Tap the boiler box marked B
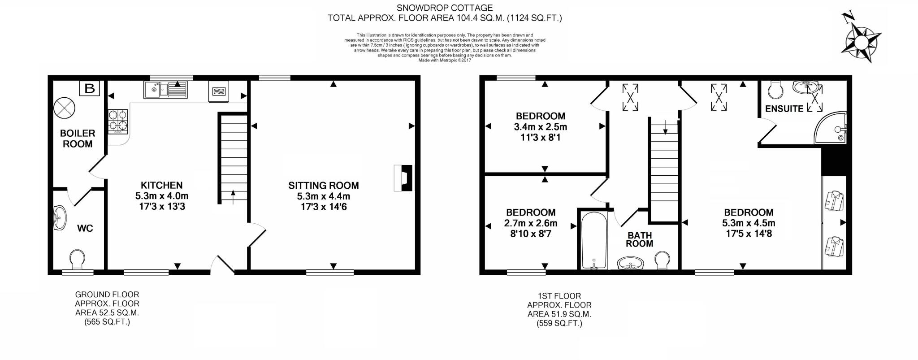point(90,88)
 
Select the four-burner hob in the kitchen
point(118,121)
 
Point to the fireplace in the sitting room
point(403,178)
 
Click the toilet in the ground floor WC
point(77,259)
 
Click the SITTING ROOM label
point(323,185)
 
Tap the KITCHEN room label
point(161,185)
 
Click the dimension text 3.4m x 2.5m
point(540,127)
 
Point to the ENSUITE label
point(784,108)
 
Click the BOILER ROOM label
point(78,139)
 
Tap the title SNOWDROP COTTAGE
point(444,8)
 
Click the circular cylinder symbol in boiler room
point(65,108)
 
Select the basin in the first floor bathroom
point(630,263)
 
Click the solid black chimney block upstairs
point(833,161)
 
